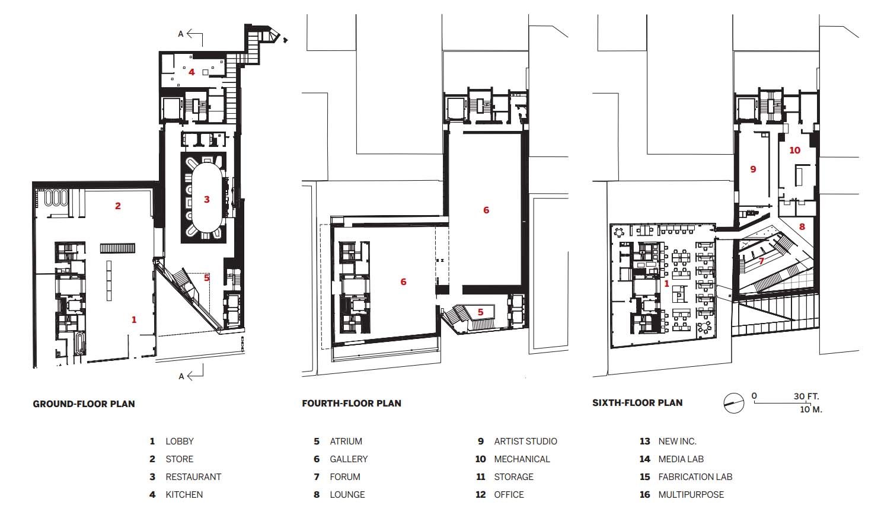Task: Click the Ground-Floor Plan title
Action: click(84, 404)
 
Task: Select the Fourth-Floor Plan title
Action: click(352, 404)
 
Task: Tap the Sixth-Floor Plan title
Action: click(637, 403)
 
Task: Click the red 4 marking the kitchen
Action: click(191, 72)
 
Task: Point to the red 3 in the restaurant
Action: click(206, 199)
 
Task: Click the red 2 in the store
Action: click(117, 206)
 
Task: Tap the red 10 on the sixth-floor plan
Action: click(794, 150)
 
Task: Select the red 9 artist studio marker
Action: click(753, 169)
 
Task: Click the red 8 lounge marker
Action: click(802, 226)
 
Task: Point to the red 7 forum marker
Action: click(761, 261)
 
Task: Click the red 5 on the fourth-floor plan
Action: click(480, 312)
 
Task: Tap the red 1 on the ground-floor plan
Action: click(134, 320)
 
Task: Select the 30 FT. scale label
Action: click(806, 396)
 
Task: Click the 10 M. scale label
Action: click(811, 409)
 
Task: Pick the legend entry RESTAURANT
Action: click(193, 477)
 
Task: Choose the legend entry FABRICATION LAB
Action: click(695, 477)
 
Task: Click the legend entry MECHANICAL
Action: click(522, 459)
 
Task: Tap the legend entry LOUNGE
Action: click(347, 495)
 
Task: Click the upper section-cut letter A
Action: click(180, 34)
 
